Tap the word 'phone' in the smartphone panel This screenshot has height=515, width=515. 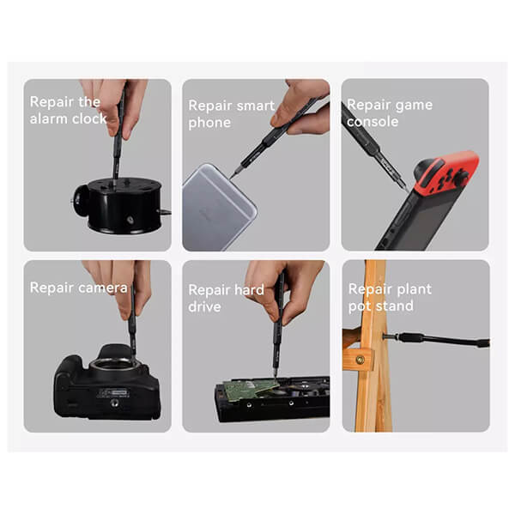(209, 123)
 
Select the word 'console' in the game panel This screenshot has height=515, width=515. (373, 122)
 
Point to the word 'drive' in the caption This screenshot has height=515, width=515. (204, 306)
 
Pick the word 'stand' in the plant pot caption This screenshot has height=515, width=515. (394, 306)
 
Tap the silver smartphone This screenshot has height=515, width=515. (218, 207)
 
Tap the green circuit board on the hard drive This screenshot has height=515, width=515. (251, 389)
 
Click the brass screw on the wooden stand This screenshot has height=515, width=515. (360, 360)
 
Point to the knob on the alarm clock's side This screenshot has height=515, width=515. (80, 200)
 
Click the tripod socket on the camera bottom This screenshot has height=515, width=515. (114, 403)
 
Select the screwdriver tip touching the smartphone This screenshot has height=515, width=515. (232, 178)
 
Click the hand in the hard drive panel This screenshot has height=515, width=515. (282, 289)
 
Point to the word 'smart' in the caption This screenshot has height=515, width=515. (256, 106)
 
